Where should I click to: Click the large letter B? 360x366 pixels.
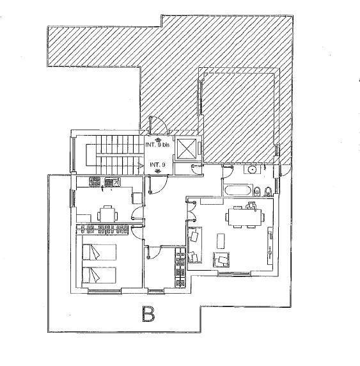tap(148, 314)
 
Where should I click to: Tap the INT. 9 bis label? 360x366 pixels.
tap(157, 145)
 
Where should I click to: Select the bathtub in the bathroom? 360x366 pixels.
tap(238, 191)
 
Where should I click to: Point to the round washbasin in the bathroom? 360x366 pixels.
tap(251, 169)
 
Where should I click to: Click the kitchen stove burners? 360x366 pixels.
tap(95, 182)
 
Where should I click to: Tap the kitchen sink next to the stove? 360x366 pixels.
tap(112, 182)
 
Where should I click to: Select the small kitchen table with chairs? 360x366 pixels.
tap(107, 214)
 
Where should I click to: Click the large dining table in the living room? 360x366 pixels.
tap(245, 217)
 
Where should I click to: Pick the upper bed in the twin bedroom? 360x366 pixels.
tap(99, 252)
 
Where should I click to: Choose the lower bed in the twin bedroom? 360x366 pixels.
tap(99, 275)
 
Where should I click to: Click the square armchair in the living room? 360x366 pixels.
tap(221, 260)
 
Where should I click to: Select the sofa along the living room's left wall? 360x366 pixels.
tap(194, 245)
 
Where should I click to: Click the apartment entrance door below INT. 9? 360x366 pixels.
tap(157, 184)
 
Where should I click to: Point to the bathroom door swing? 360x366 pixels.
tap(227, 171)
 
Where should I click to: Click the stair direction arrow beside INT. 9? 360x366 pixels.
tap(141, 166)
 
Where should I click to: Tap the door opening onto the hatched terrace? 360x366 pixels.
tap(158, 125)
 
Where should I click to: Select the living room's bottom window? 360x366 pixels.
tap(234, 273)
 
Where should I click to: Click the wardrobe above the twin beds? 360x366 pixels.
tap(102, 229)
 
